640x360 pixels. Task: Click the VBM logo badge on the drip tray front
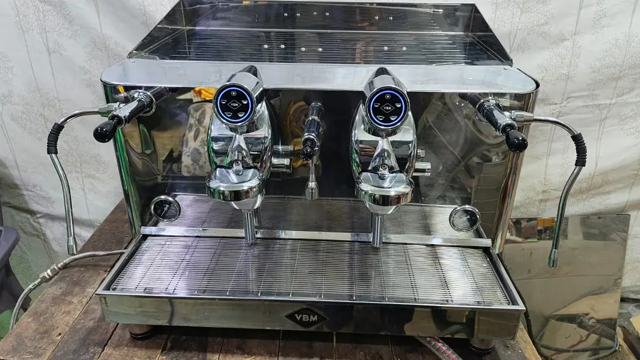point(306,317)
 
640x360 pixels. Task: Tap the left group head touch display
point(234,104)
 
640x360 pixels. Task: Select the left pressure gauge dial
point(165,208)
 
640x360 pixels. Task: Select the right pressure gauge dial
point(465,218)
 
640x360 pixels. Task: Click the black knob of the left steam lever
point(104,132)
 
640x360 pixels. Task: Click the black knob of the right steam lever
point(517,142)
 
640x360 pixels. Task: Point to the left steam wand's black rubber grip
point(55,138)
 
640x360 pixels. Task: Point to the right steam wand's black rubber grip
point(579,149)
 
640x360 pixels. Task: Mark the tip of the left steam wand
point(72,250)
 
